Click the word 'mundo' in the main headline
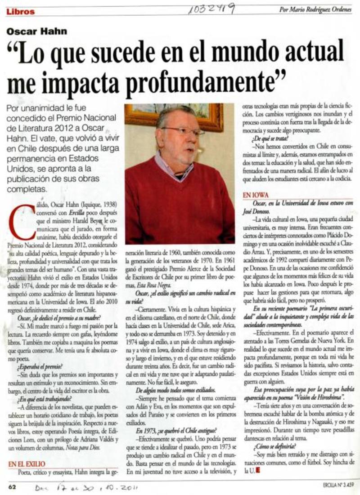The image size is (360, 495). point(240,54)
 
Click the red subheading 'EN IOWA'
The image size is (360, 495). point(255,196)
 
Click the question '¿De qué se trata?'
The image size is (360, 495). point(271,138)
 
